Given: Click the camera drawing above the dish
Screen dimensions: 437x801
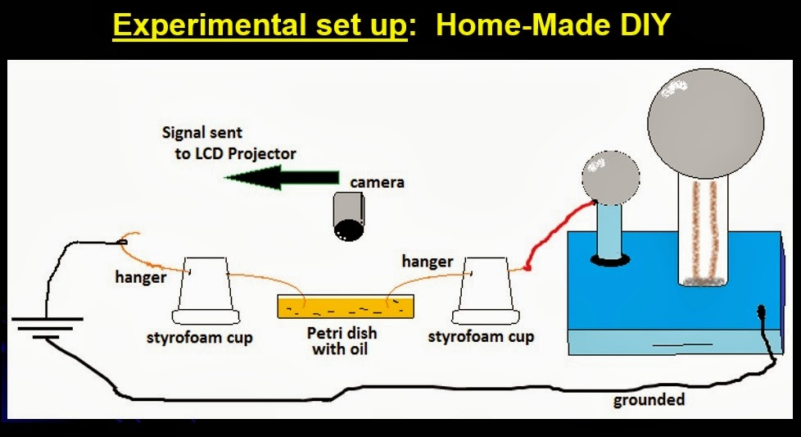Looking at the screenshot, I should coord(351,216).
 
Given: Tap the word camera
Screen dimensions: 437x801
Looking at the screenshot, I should coord(378,181).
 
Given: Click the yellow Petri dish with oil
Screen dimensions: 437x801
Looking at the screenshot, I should coord(345,307).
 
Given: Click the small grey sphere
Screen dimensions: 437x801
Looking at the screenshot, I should coord(610,177).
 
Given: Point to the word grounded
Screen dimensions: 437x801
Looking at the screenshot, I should coord(649,400).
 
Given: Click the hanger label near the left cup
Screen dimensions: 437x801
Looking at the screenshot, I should coord(140,278).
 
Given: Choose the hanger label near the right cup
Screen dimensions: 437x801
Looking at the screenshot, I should coord(427,262).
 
